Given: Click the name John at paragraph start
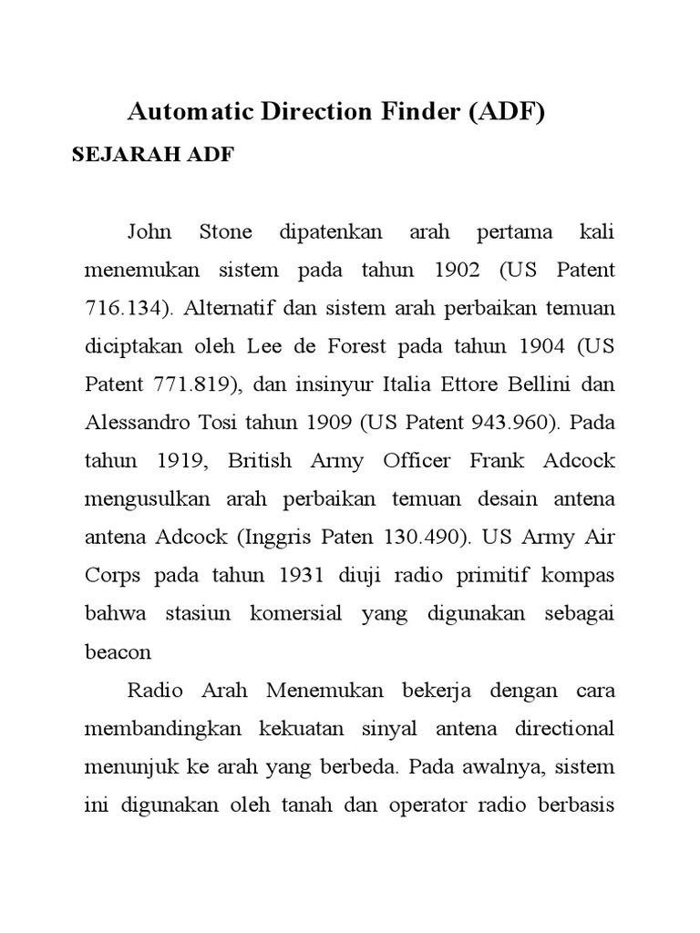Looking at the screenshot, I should coord(149,232).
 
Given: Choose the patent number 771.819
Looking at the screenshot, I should coord(191,384).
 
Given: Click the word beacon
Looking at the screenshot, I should coord(118,651).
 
